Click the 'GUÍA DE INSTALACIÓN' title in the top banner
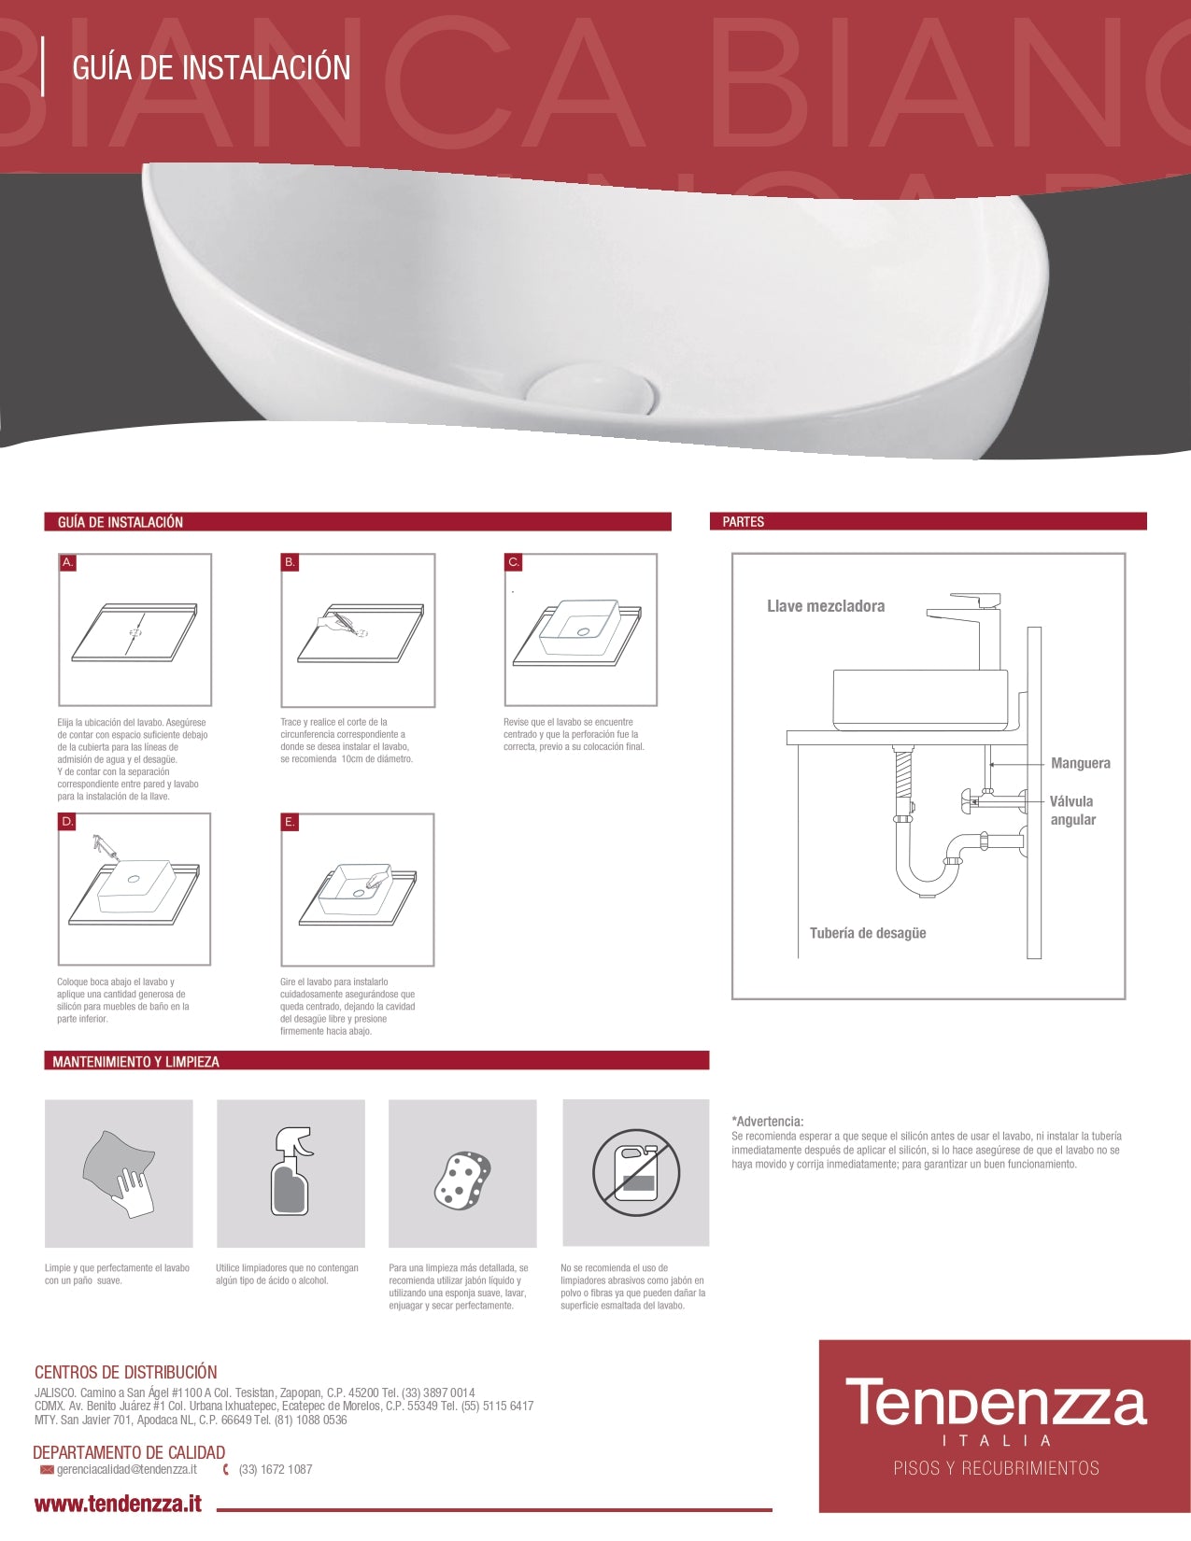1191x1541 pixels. pyautogui.click(x=211, y=68)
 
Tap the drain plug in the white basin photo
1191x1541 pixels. pyautogui.click(x=590, y=389)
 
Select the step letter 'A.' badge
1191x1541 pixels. pyautogui.click(x=67, y=562)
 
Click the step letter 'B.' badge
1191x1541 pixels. pyautogui.click(x=290, y=562)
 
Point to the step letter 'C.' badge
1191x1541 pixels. pyautogui.click(x=513, y=562)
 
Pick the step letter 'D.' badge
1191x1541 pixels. pyautogui.click(x=67, y=822)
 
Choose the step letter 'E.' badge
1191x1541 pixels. pyautogui.click(x=290, y=822)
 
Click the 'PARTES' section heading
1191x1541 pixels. pyautogui.click(x=743, y=522)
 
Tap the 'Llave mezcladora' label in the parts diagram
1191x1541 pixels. pyautogui.click(x=826, y=606)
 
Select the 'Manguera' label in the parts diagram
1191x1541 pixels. pyautogui.click(x=1080, y=763)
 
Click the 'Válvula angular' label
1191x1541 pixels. pyautogui.click(x=1071, y=811)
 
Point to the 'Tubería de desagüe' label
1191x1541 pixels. pyautogui.click(x=868, y=933)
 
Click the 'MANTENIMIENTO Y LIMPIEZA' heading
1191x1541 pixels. pyautogui.click(x=135, y=1062)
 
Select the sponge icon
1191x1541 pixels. pyautogui.click(x=462, y=1180)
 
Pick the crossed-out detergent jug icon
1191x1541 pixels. pyautogui.click(x=636, y=1173)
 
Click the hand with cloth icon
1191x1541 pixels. pyautogui.click(x=120, y=1174)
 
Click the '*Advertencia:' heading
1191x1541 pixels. pyautogui.click(x=767, y=1122)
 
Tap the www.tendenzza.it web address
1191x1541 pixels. pyautogui.click(x=118, y=1504)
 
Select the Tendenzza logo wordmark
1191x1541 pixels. pyautogui.click(x=996, y=1404)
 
